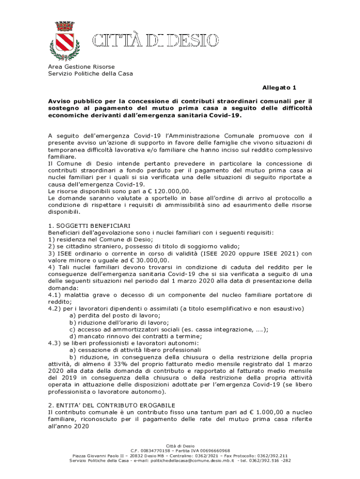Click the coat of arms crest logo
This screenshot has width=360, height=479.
[65, 41]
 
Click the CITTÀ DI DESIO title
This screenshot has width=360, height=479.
[155, 41]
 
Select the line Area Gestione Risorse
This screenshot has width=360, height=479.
[81, 67]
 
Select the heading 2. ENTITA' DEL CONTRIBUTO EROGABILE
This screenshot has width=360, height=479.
[111, 405]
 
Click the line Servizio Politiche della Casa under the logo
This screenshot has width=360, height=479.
[90, 73]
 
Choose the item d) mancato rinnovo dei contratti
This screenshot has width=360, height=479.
[136, 336]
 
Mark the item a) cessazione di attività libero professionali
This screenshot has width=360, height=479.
[135, 349]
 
